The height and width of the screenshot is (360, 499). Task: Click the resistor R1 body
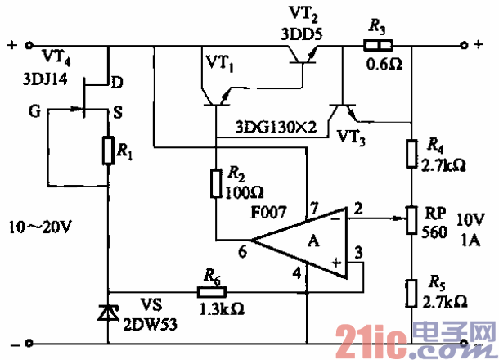click(109, 151)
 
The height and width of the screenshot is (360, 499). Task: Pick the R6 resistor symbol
click(208, 290)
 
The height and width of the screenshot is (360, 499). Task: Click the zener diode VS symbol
click(109, 313)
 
